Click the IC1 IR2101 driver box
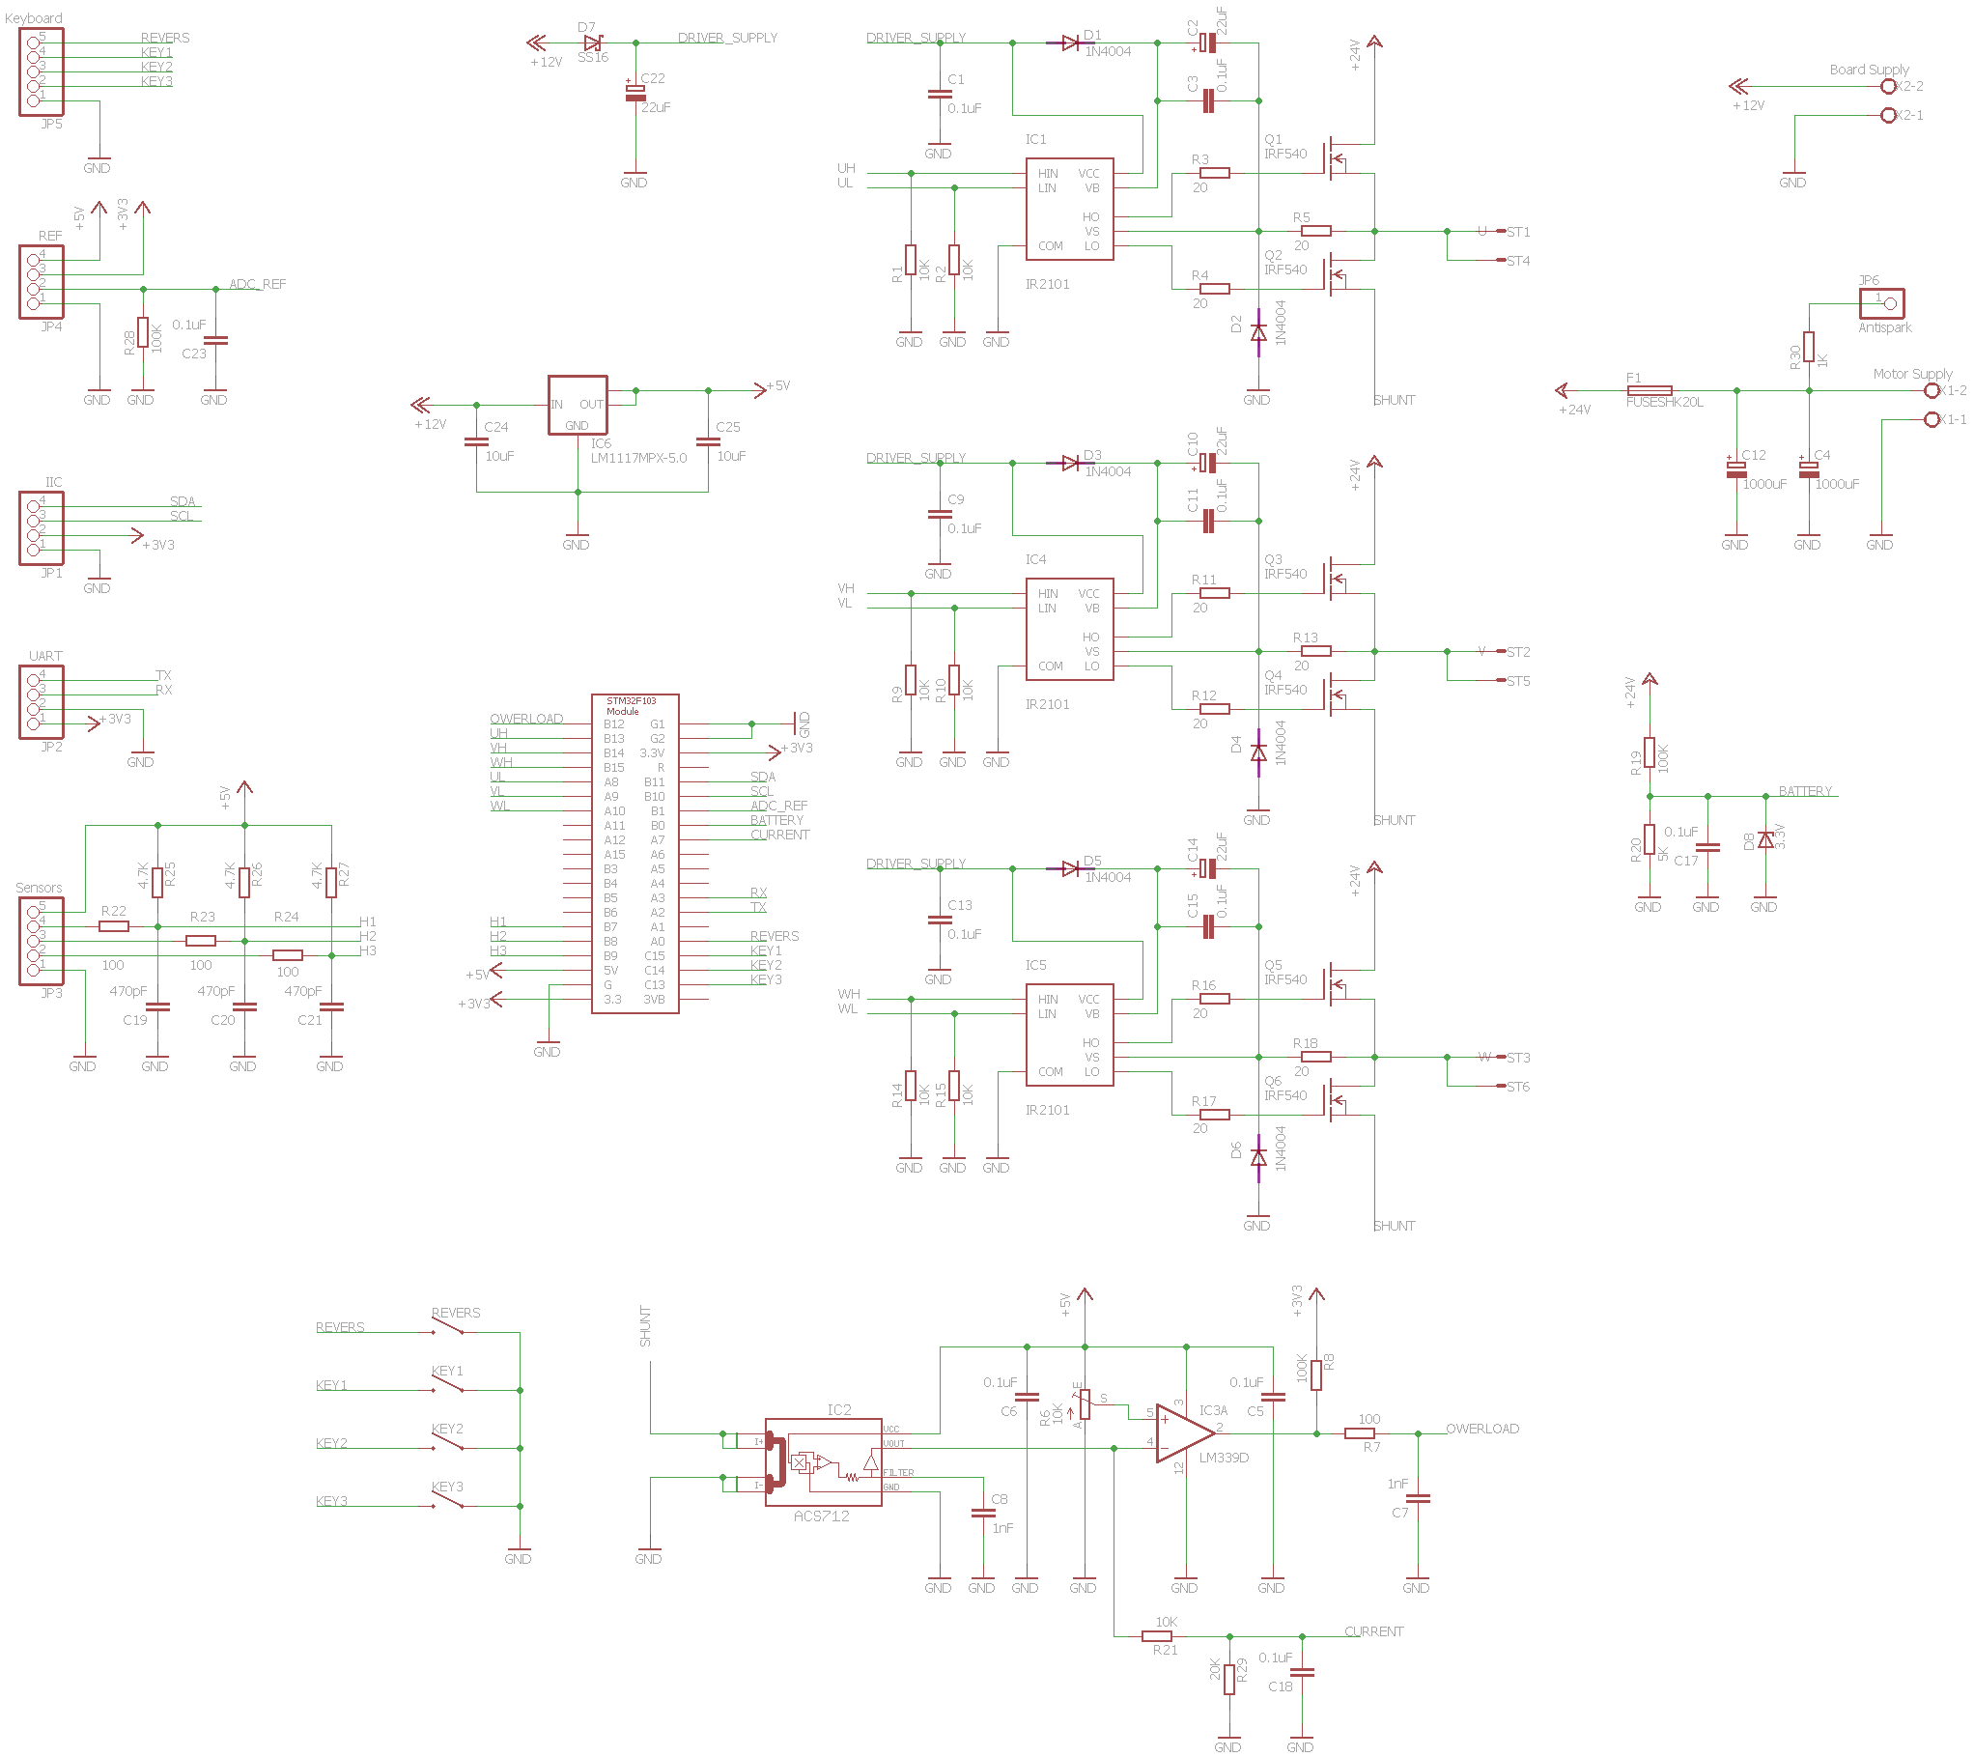(x=1069, y=210)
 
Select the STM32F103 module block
(x=634, y=854)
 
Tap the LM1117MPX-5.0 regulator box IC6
(x=578, y=405)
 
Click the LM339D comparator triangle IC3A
(x=1184, y=1433)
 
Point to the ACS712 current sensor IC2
(x=823, y=1462)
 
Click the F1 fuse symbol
(x=1650, y=390)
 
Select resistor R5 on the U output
(x=1315, y=231)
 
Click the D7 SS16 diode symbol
(x=593, y=43)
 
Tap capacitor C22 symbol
(x=635, y=93)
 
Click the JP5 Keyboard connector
(x=41, y=71)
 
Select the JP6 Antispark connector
(x=1881, y=303)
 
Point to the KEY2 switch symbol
(x=448, y=1442)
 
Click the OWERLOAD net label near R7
(x=1481, y=1429)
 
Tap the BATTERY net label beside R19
(x=1804, y=791)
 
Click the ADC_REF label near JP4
(x=257, y=284)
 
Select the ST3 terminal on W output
(x=1517, y=1058)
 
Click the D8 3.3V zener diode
(x=1765, y=839)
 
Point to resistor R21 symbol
(x=1157, y=1636)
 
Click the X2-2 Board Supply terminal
(x=1889, y=86)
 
